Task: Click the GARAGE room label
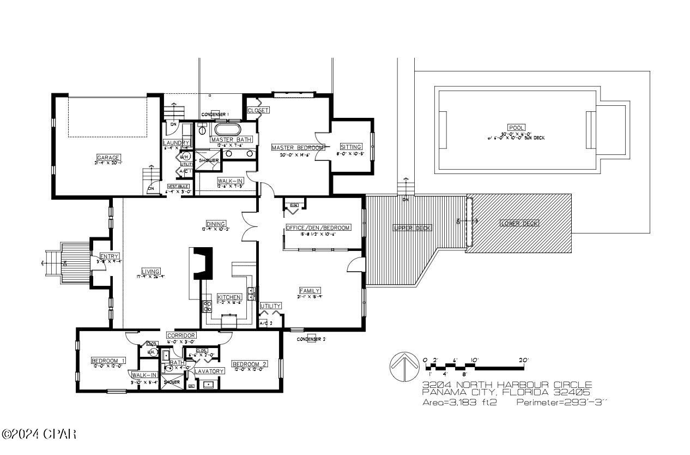(108, 158)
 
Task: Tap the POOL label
(516, 127)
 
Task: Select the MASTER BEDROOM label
(298, 147)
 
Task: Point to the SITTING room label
(350, 147)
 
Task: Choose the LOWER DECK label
(519, 223)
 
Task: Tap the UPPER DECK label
(413, 228)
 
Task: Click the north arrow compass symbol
(403, 366)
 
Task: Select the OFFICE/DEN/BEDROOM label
(318, 228)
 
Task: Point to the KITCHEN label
(229, 297)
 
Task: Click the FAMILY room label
(310, 291)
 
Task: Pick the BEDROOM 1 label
(108, 361)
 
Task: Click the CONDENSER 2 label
(311, 339)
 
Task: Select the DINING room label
(216, 224)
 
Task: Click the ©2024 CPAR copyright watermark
(39, 434)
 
